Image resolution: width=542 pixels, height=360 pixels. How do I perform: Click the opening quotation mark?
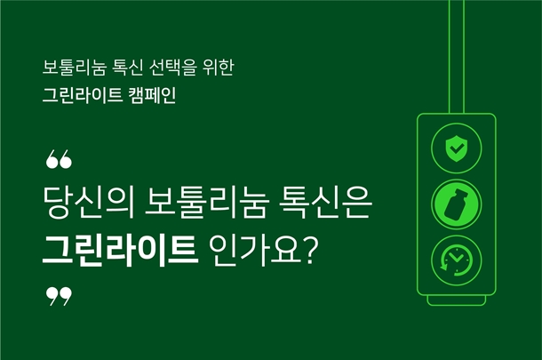59,159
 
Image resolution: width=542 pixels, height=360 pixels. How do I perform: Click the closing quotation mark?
59,296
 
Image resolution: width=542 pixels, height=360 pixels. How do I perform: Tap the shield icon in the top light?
457,148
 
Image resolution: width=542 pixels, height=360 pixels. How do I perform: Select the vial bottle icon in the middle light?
457,204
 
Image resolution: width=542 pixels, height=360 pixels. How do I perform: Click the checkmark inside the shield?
457,148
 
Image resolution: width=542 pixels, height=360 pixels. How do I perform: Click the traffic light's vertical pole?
457,57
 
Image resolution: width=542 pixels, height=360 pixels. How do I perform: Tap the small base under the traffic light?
457,300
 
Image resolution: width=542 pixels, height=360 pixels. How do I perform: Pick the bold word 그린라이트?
120,251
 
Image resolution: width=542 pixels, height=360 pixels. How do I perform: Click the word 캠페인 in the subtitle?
152,95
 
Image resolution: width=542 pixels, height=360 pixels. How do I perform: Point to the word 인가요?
255,251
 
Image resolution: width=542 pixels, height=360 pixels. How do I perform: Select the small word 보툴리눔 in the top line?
74,68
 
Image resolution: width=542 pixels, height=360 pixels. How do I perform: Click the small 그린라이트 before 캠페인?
83,95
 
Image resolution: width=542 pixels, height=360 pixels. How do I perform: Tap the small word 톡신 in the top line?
127,68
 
